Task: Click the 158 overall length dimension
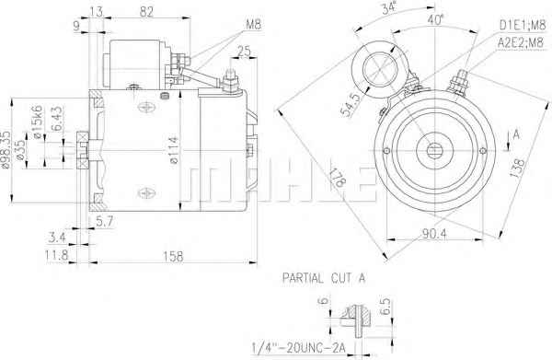(173, 256)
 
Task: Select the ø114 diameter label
(174, 150)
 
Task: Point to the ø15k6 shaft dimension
(38, 122)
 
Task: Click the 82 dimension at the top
(147, 12)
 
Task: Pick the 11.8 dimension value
(56, 255)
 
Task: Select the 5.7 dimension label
(105, 221)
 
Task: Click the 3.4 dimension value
(57, 238)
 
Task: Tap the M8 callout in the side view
(253, 25)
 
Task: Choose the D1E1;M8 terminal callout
(522, 25)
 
